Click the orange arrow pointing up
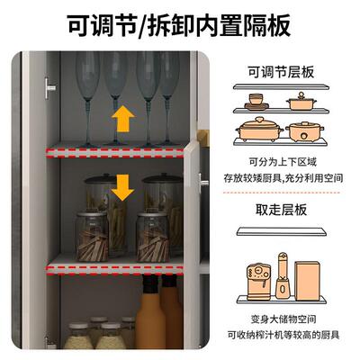click(x=123, y=119)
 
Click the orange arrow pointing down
click(x=122, y=187)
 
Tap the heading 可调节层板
click(x=281, y=73)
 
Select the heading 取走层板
click(x=281, y=210)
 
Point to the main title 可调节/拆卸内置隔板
click(x=179, y=25)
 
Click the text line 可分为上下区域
click(x=283, y=162)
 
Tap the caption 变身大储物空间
click(x=283, y=319)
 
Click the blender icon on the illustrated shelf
click(x=283, y=275)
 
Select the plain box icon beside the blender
click(x=307, y=281)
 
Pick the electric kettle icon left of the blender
click(x=258, y=281)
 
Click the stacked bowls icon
click(x=256, y=102)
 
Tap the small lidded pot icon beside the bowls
click(x=301, y=101)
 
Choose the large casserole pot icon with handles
click(x=259, y=129)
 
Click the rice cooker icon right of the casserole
click(x=304, y=131)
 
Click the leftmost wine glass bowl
click(x=87, y=76)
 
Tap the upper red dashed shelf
click(x=115, y=152)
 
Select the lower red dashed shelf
click(x=115, y=269)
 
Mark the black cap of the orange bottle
click(x=150, y=283)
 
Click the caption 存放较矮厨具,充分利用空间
click(x=283, y=178)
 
